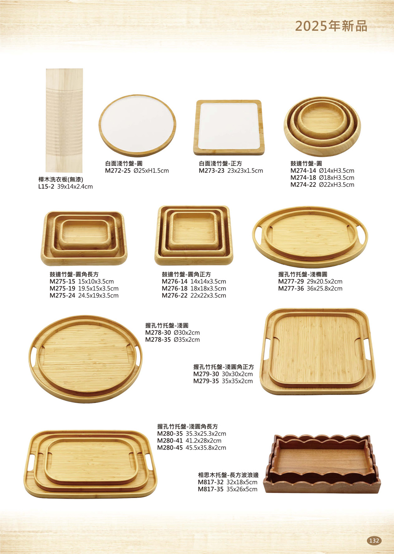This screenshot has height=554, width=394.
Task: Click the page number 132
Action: (374, 540)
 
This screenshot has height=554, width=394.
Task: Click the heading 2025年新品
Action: (331, 26)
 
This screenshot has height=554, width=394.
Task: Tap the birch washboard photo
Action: (64, 120)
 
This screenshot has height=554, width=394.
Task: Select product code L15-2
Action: (46, 187)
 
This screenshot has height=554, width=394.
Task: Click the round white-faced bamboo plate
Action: (138, 125)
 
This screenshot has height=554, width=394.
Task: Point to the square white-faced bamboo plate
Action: (229, 127)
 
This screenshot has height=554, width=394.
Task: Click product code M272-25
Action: (117, 170)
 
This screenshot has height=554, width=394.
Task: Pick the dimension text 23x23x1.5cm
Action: (245, 170)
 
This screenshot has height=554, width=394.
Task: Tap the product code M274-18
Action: (303, 178)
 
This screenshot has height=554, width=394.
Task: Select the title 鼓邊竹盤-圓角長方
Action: (74, 274)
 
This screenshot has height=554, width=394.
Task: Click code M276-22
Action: (175, 295)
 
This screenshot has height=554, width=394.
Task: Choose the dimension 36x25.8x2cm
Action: (324, 288)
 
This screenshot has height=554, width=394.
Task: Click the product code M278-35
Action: (158, 339)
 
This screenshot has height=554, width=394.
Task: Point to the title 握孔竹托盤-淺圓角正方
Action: (223, 367)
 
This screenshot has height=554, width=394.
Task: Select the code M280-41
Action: (170, 441)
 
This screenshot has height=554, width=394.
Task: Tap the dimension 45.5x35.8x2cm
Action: (206, 448)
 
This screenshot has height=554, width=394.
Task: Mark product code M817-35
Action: (211, 489)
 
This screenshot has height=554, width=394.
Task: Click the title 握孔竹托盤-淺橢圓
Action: (303, 274)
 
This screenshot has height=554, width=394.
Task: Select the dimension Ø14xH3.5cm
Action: (336, 170)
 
